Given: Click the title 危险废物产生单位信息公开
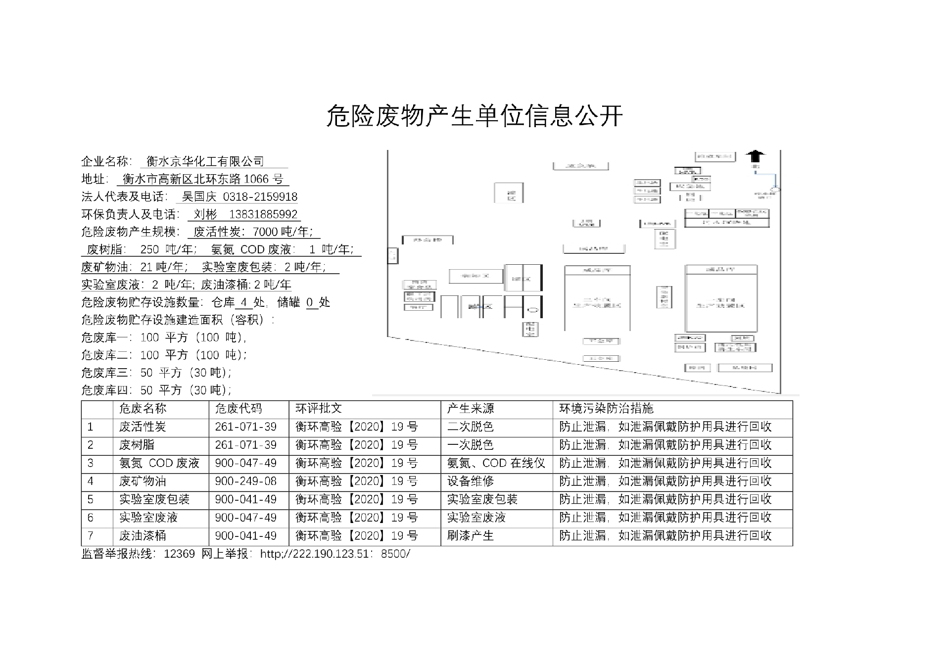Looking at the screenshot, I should pyautogui.click(x=474, y=116).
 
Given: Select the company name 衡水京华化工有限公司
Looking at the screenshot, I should pyautogui.click(x=205, y=161).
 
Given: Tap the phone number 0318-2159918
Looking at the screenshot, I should pyautogui.click(x=260, y=197).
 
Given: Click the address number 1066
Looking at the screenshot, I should pyautogui.click(x=256, y=179).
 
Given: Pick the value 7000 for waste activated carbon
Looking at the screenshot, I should pyautogui.click(x=265, y=232).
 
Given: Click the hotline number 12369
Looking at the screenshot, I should pyautogui.click(x=179, y=554).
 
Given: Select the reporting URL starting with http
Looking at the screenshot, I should pyautogui.click(x=335, y=554).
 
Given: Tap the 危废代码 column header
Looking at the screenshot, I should pyautogui.click(x=238, y=409).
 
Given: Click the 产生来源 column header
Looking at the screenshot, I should pyautogui.click(x=471, y=409).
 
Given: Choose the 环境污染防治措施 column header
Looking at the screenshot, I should pyautogui.click(x=606, y=409).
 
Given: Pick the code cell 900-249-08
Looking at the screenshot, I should pyautogui.click(x=245, y=481).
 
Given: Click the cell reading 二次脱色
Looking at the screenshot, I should pyautogui.click(x=471, y=427).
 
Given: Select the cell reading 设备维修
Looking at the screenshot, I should pyautogui.click(x=471, y=481).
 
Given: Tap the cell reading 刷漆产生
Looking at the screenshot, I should pyautogui.click(x=471, y=535).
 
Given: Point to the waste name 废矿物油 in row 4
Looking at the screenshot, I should pyautogui.click(x=142, y=481).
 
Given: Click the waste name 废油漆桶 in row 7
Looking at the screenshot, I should pyautogui.click(x=142, y=535).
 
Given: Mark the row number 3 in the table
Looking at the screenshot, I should pyautogui.click(x=91, y=463).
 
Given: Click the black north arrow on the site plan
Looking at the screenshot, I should pyautogui.click(x=755, y=156).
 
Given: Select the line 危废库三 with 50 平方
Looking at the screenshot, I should pyautogui.click(x=156, y=373).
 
